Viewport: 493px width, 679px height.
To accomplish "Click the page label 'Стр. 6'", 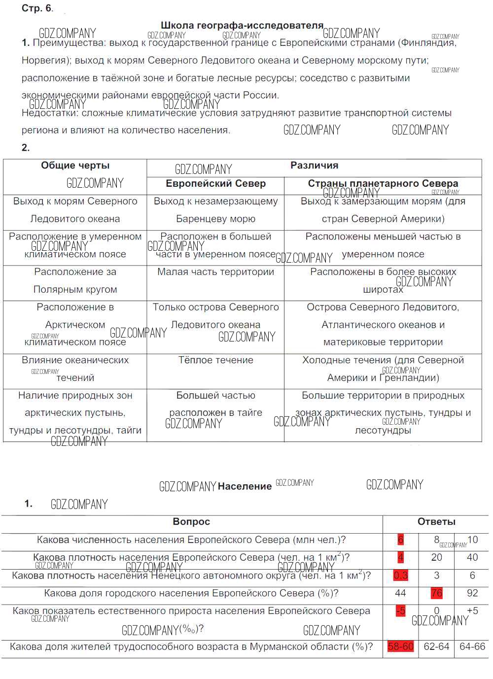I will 37,8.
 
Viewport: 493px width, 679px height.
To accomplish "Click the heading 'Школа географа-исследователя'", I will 242,25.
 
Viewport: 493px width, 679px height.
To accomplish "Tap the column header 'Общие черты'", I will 75,166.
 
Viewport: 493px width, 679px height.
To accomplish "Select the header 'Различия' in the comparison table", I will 314,166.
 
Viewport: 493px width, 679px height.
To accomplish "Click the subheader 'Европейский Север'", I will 215,184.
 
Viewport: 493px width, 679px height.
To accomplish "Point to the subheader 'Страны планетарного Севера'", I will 383,183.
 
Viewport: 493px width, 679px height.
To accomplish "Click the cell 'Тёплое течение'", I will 215,360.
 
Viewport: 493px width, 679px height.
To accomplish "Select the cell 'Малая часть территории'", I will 215,272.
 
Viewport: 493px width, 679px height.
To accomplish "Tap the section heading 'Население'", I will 245,486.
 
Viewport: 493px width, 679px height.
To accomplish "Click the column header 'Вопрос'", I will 191,522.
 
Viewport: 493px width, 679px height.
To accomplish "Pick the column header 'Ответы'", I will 436,522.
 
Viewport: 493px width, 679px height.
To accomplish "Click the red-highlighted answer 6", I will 400,540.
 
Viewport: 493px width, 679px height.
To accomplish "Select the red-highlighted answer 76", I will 436,593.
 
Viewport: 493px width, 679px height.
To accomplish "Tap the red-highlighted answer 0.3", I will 400,576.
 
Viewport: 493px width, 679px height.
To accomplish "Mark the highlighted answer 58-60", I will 400,646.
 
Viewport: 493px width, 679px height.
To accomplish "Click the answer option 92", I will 472,593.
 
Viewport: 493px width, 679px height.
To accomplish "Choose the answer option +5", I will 472,611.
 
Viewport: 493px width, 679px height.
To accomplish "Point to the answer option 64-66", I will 472,646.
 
